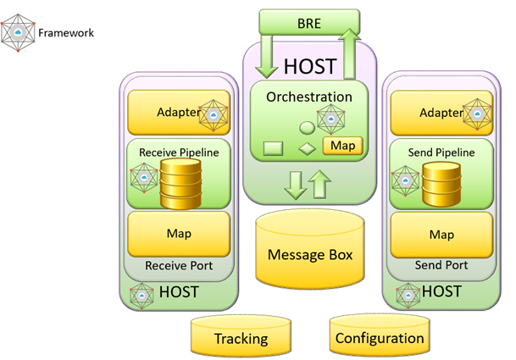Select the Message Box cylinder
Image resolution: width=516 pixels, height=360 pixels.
coord(310,255)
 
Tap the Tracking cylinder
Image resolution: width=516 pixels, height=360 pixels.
coord(241,338)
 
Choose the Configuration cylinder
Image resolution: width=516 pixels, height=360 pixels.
coord(379,338)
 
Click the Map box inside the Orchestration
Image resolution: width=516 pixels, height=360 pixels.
coord(343,146)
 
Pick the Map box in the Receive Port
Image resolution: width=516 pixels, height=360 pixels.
coord(179,233)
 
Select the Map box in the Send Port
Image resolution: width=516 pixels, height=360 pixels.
coord(441,234)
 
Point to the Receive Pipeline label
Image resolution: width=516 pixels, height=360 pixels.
coord(179,152)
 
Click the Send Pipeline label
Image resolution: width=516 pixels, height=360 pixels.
coord(441,152)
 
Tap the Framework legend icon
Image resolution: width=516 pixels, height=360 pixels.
coord(18,33)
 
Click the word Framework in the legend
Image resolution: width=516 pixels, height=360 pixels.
coord(66,34)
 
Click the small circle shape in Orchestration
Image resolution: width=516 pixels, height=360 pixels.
coord(306,128)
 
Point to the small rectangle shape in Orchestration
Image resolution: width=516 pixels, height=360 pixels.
coord(274,148)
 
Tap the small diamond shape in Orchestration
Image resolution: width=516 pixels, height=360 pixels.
coord(307,150)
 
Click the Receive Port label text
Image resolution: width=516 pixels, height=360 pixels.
coord(179,266)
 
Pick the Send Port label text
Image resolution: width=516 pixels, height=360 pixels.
coord(441,266)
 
